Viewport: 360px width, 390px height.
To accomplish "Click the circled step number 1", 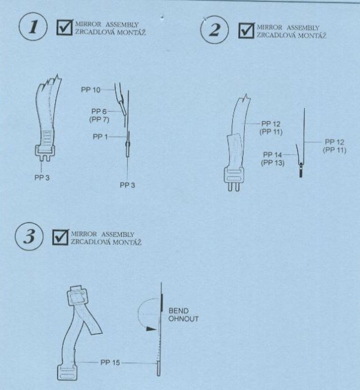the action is coord(33,27).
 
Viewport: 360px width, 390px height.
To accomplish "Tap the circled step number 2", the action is coord(214,30).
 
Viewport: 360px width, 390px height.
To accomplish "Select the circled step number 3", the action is coord(29,236).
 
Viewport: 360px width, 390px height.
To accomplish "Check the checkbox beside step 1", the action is coord(65,28).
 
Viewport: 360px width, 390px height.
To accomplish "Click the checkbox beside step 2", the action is coord(247,30).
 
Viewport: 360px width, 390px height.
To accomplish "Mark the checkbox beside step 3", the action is coord(61,237).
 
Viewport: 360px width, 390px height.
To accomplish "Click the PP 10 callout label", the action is coord(91,90).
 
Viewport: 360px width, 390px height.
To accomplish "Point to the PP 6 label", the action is coord(99,112).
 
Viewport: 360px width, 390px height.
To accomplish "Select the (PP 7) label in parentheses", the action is coord(99,119).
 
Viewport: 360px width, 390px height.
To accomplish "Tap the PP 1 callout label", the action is coord(100,137).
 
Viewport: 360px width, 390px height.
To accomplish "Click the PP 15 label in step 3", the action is coord(110,362).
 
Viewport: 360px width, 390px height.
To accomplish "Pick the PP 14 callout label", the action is coord(272,155).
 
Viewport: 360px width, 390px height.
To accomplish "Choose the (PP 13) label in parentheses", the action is coord(272,163).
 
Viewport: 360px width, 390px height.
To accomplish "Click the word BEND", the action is coord(178,311).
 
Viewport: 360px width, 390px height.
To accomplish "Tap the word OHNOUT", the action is coord(184,319).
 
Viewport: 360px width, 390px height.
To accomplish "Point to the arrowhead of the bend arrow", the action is coord(151,329).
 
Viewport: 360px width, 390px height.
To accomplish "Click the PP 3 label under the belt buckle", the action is coord(42,178).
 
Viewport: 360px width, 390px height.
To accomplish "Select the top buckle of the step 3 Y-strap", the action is coord(77,295).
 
